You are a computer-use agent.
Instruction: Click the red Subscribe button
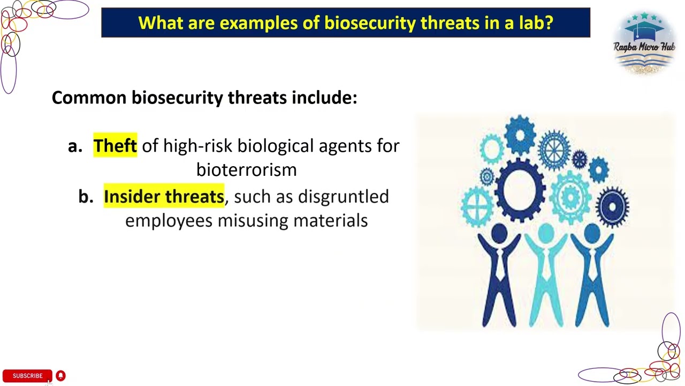[27, 376]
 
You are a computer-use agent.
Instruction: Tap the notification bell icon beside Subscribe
[60, 376]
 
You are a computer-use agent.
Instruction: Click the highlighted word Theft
[115, 146]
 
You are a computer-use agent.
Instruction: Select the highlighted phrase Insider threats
[164, 197]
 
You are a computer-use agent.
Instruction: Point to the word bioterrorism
[246, 170]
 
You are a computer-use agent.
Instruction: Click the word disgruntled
[343, 197]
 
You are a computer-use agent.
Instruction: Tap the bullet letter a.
[74, 146]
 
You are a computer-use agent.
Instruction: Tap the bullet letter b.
[85, 197]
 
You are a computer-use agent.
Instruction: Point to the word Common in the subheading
[89, 98]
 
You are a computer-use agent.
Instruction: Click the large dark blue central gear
[520, 190]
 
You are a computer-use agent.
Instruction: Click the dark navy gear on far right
[612, 206]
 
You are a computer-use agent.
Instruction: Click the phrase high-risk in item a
[198, 146]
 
